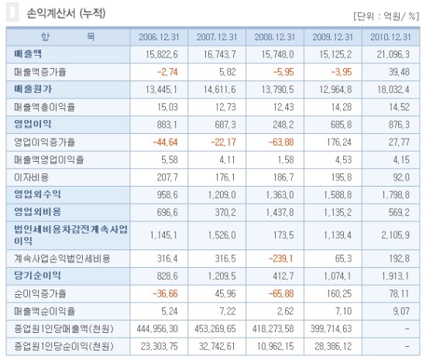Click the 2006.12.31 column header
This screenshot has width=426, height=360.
point(159,37)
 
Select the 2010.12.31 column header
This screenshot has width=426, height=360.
point(390,37)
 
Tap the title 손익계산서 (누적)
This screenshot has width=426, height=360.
point(66,13)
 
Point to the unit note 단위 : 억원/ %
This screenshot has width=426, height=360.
point(386,16)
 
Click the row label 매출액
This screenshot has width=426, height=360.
point(28,53)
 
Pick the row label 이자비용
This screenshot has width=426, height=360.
point(32,177)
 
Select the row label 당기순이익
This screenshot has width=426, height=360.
point(37,276)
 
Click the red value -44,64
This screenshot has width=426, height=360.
point(165,142)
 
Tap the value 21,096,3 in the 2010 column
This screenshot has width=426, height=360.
point(393,54)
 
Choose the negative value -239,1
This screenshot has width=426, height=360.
point(281,259)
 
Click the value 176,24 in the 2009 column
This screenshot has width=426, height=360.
point(339,142)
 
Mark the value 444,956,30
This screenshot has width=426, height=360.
point(157,329)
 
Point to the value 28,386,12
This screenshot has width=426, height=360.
point(333,346)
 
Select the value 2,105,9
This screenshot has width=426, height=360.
point(395,235)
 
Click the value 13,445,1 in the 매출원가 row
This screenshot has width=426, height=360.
point(161,89)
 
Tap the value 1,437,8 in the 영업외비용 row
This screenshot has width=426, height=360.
point(280,212)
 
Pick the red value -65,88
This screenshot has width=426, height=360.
point(281,293)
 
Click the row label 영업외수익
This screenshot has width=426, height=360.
point(37,194)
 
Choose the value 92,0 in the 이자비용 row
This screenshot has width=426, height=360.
point(401,177)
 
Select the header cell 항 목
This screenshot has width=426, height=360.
point(68,36)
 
